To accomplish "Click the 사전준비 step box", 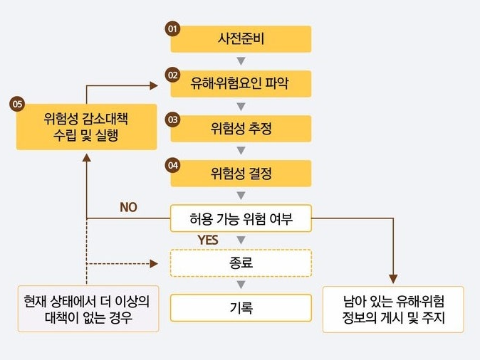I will click(x=241, y=39).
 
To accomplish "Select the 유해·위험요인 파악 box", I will click(x=241, y=84).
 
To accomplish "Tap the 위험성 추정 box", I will click(x=241, y=129).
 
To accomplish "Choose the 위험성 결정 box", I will click(x=241, y=174).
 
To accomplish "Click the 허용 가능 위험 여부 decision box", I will click(x=241, y=218).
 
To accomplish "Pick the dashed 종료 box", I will click(x=241, y=263).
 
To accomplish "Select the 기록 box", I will click(x=241, y=308).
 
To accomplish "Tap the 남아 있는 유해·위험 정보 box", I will click(x=393, y=309).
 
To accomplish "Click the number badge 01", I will click(x=172, y=29).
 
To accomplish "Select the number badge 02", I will click(x=172, y=74).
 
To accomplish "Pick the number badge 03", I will click(x=172, y=119).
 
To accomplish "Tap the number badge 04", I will click(x=172, y=164).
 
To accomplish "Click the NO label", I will click(x=128, y=207).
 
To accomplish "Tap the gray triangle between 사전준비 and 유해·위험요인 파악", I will click(x=241, y=61).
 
